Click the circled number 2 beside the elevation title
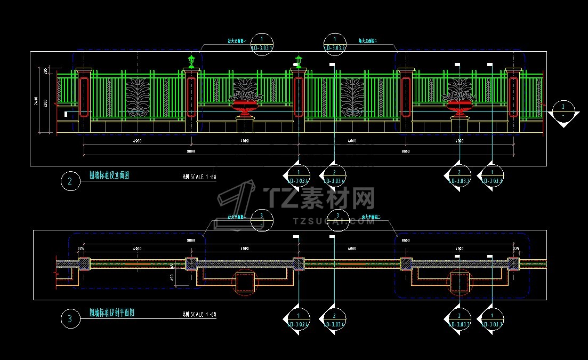[x=70, y=182]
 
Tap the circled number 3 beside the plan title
[x=70, y=319]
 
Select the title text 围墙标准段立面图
[x=109, y=175]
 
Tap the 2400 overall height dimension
[x=36, y=101]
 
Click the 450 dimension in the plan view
[x=172, y=278]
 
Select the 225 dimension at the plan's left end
[x=81, y=249]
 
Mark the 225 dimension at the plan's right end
[x=515, y=249]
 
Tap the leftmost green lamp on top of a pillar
[x=191, y=60]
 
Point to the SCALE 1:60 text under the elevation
[x=199, y=177]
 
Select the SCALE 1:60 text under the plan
[x=199, y=315]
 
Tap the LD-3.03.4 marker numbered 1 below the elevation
[x=299, y=177]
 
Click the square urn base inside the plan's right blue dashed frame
[x=460, y=282]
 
